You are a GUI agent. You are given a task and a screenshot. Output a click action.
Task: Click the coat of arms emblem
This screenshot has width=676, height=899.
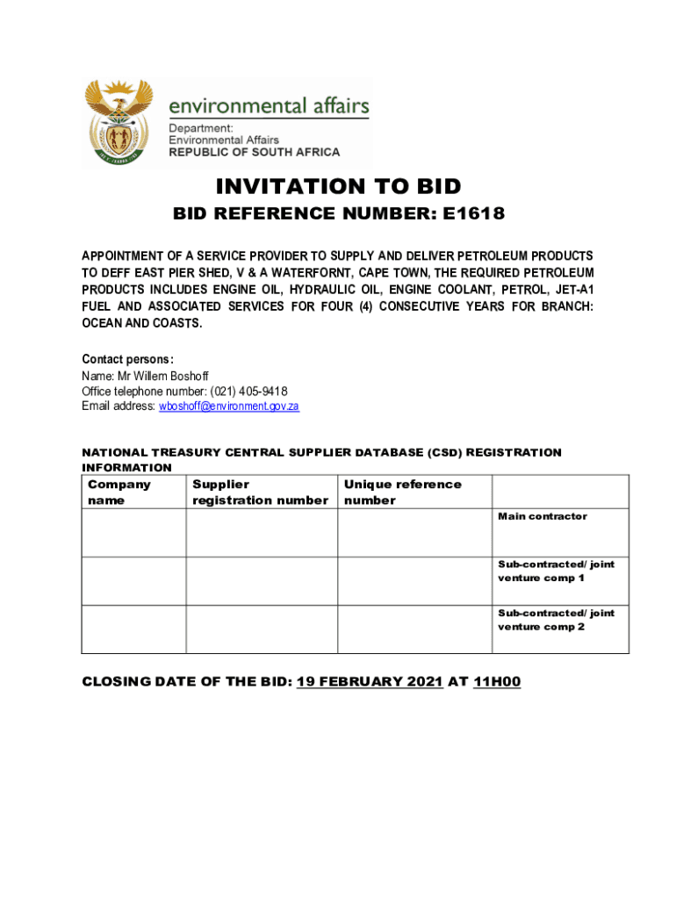click(118, 122)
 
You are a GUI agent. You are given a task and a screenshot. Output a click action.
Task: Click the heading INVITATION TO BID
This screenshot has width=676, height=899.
click(338, 186)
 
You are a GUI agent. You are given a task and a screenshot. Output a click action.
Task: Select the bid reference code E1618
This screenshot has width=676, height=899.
click(474, 213)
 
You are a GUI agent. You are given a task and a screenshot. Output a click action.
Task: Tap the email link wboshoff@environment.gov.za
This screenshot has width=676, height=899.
click(229, 406)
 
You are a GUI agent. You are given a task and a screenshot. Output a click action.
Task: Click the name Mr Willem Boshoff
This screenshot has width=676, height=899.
click(162, 376)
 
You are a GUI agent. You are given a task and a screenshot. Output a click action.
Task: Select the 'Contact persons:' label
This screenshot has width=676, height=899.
click(127, 359)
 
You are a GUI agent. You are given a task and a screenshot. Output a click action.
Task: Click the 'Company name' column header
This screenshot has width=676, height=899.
click(119, 492)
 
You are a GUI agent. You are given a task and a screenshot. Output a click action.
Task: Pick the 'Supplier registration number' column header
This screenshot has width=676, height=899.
click(260, 492)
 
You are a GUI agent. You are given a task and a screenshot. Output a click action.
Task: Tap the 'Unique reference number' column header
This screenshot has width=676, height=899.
click(402, 492)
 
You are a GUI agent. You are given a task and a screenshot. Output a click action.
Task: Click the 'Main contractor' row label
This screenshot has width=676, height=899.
click(543, 516)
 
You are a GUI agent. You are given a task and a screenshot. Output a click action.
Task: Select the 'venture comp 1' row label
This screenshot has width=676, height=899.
click(541, 579)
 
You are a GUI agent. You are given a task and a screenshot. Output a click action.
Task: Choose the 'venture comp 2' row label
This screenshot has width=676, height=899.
click(541, 627)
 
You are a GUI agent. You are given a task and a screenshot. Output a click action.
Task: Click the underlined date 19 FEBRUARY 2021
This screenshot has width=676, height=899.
click(370, 681)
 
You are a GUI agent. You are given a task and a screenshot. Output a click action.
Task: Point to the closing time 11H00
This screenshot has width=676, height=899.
click(497, 681)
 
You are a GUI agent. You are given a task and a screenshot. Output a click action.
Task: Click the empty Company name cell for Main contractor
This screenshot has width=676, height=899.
click(133, 532)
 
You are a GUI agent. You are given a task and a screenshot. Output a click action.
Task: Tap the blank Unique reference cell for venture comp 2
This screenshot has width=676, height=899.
click(415, 629)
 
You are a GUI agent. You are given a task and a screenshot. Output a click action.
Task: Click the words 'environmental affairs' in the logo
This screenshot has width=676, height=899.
click(268, 106)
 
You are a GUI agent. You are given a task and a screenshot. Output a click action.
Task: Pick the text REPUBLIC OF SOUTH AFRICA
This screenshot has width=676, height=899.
click(254, 152)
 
